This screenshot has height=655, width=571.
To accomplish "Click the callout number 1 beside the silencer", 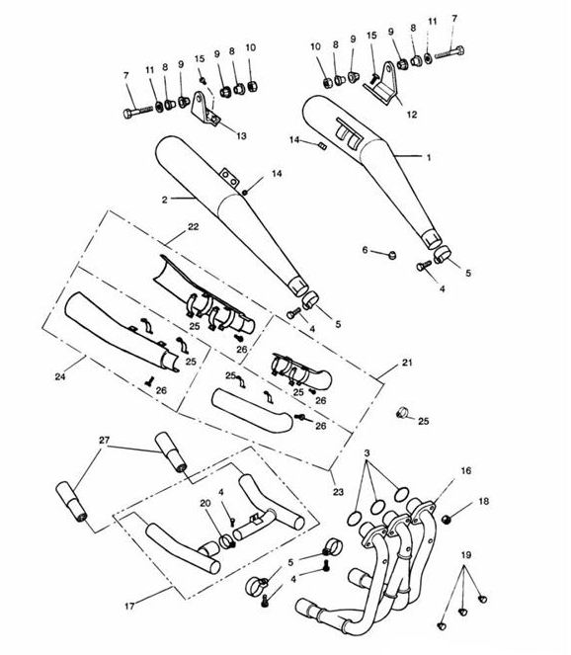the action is tap(428, 157).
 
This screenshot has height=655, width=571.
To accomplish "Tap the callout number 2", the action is tap(165, 201).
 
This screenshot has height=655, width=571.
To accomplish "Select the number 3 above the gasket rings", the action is tap(367, 453).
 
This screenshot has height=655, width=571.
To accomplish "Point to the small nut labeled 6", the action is tap(392, 255).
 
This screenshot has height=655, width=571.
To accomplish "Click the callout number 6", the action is tap(366, 250).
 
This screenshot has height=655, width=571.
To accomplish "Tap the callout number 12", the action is tap(412, 115).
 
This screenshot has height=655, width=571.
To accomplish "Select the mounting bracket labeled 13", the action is tap(205, 110).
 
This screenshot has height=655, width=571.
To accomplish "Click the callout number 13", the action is tap(241, 135).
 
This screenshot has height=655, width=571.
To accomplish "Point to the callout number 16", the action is tap(465, 471).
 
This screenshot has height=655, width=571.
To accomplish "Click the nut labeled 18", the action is tap(447, 520).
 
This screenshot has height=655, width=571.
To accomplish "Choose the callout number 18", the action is tap(483, 501).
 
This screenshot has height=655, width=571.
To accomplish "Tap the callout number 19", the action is tap(466, 555).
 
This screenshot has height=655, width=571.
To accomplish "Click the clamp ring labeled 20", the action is tap(227, 541).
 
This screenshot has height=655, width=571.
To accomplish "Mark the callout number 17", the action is tap(129, 606).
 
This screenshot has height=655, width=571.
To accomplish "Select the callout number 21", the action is tap(407, 363).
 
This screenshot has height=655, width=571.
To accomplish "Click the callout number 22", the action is tap(193, 227).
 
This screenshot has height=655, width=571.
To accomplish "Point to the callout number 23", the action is tap(338, 492).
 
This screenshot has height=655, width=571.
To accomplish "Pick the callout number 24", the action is tap(60, 376).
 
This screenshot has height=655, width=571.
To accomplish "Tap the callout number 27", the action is tap(104, 440).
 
